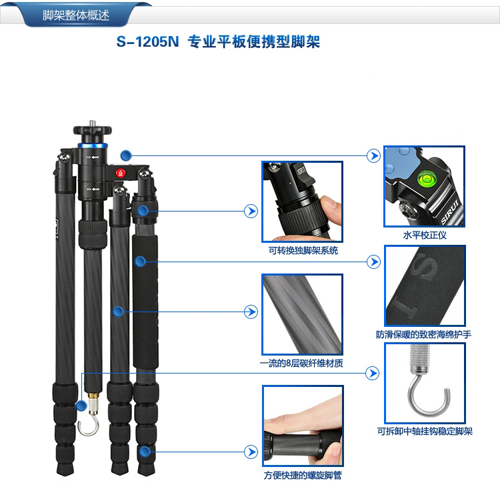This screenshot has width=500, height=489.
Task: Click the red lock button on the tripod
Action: (x=120, y=173)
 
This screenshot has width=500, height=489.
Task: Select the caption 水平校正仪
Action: (x=425, y=235)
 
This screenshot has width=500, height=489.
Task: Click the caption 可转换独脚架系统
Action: (x=303, y=251)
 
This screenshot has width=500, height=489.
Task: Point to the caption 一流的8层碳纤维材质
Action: (x=301, y=363)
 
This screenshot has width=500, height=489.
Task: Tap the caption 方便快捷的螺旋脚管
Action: (x=303, y=475)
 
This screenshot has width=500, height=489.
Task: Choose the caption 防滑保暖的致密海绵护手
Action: (x=423, y=334)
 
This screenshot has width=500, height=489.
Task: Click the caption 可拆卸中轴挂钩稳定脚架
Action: (x=425, y=432)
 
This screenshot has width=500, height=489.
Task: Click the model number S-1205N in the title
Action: (x=147, y=42)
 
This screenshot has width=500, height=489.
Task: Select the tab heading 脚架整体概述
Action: (x=76, y=15)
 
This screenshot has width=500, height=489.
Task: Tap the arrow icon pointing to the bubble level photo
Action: (x=373, y=155)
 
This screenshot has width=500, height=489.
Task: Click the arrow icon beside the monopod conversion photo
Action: (x=251, y=211)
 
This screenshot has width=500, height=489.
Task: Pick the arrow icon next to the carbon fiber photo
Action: (x=251, y=312)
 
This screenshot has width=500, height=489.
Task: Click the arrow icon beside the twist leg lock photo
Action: (x=251, y=452)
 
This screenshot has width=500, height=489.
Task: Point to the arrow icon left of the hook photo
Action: (x=372, y=373)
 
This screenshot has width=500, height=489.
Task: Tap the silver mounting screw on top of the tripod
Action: (x=93, y=123)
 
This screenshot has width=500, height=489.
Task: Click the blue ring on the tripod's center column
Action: (x=93, y=145)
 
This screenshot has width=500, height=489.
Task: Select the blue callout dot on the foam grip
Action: (x=140, y=262)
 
